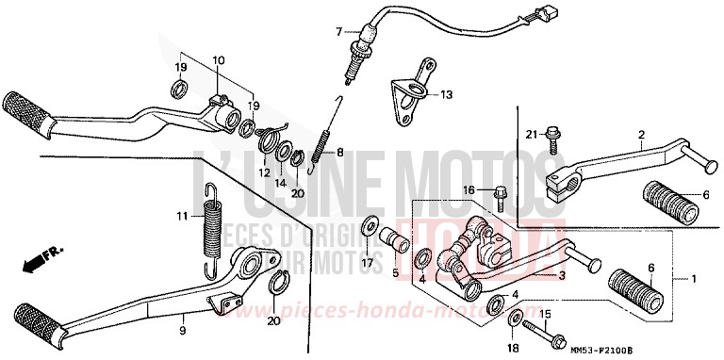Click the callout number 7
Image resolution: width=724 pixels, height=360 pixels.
pyautogui.click(x=338, y=31)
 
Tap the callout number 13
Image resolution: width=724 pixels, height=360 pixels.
pyautogui.click(x=446, y=94)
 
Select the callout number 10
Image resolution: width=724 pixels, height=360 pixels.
pyautogui.click(x=218, y=60)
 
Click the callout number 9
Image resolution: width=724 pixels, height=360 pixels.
pyautogui.click(x=183, y=330)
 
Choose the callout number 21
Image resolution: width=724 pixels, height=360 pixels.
pyautogui.click(x=531, y=135)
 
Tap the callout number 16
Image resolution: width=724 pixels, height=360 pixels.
pyautogui.click(x=469, y=190)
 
